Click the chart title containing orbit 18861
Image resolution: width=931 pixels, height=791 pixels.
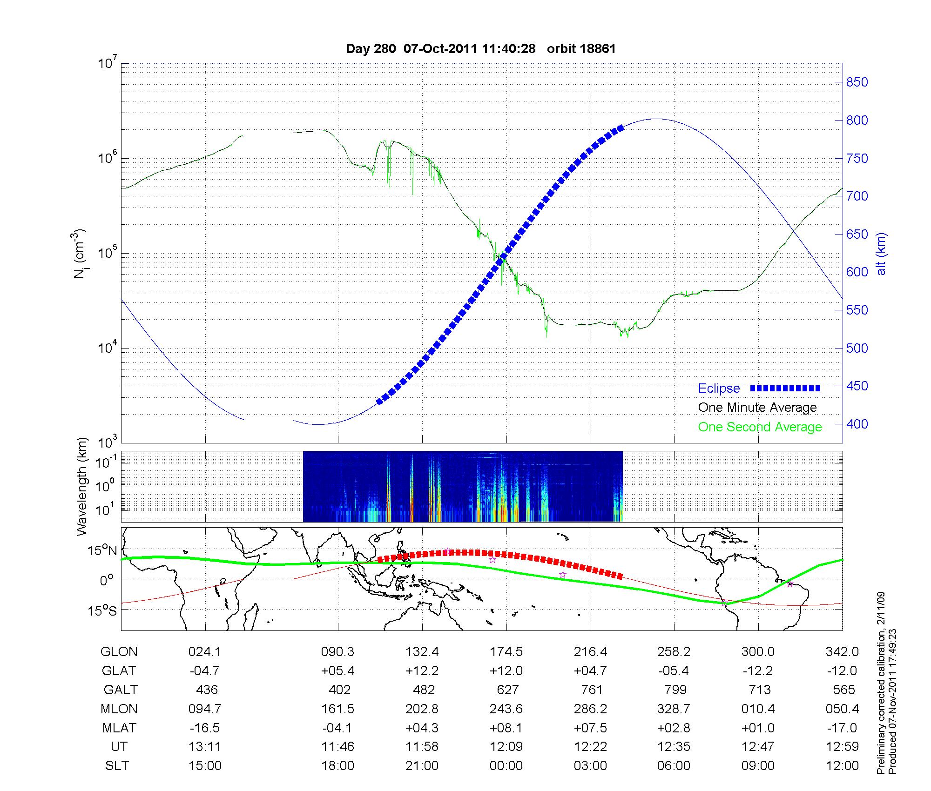[x=481, y=49]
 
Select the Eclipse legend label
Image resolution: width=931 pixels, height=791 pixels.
[x=719, y=389]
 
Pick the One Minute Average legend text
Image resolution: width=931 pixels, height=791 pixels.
[x=757, y=408]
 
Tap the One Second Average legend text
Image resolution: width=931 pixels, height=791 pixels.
[x=760, y=427]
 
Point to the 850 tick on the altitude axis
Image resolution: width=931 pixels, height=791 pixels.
[x=857, y=82]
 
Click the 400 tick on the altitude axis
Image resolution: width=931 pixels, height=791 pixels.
[x=857, y=424]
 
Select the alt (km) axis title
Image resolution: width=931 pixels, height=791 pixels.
[x=881, y=254]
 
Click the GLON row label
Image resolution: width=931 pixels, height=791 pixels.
[x=119, y=652]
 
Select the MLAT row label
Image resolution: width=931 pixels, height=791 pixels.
[x=119, y=728]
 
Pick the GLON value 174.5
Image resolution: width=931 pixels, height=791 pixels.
[x=506, y=652]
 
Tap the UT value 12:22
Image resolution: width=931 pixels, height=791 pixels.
[x=590, y=747]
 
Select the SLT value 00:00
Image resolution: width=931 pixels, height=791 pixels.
[x=506, y=766]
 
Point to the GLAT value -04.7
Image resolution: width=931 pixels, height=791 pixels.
[x=205, y=671]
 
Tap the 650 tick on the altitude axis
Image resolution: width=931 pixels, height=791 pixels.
[x=857, y=235]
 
